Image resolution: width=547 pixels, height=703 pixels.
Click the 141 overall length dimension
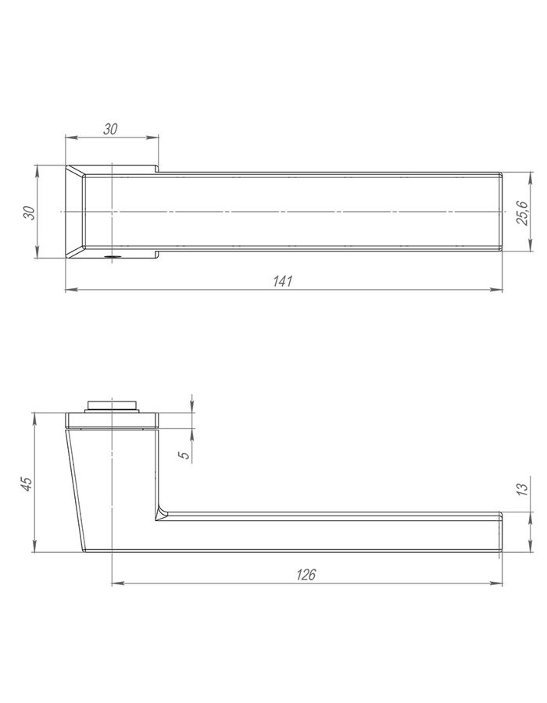282,281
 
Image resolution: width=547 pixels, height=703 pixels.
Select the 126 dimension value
306,574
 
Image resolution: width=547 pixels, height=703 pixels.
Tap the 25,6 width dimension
522,212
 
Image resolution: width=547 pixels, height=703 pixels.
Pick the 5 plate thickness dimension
184,455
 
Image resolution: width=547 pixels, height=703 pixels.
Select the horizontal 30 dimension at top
110,129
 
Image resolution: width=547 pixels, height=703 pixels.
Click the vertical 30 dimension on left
29,212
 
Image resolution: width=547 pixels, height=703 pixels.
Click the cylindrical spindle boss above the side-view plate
111,405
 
